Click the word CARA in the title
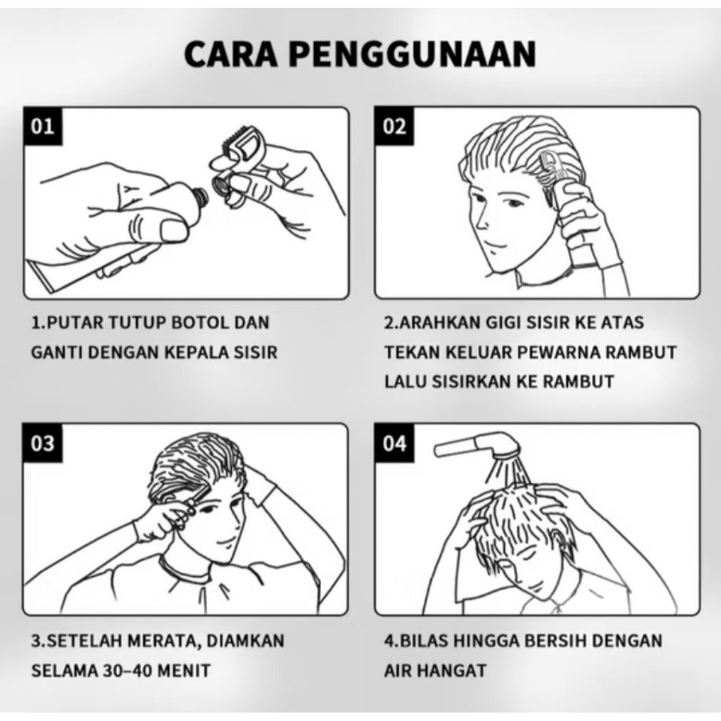(x=231, y=54)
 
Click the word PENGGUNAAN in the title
(x=413, y=54)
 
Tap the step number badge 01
(x=42, y=126)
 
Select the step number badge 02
(x=394, y=126)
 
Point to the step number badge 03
(x=42, y=444)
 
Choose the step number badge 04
(x=394, y=444)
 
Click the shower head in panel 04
(x=478, y=445)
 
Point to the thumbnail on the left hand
(x=173, y=230)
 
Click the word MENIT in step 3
(x=184, y=670)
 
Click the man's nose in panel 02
(x=481, y=220)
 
